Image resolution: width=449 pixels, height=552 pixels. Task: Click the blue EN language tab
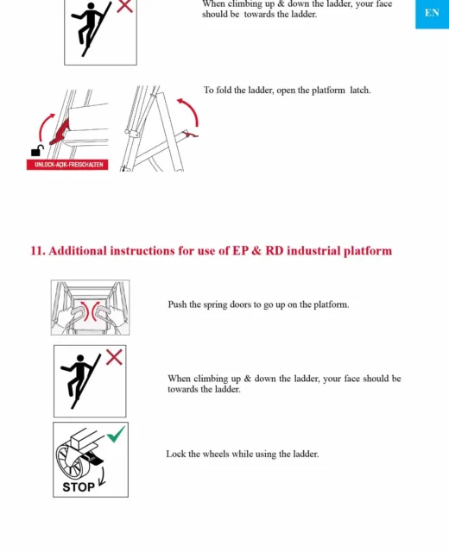(x=432, y=14)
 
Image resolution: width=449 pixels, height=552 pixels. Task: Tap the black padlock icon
(x=36, y=151)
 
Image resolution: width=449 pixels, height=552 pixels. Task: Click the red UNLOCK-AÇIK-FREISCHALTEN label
(x=67, y=165)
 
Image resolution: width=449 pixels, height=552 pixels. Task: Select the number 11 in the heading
(x=36, y=251)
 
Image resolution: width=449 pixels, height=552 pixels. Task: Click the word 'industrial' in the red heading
(x=313, y=251)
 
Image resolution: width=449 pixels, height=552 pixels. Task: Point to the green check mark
(x=116, y=434)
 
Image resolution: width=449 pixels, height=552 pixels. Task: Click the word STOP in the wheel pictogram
(x=79, y=487)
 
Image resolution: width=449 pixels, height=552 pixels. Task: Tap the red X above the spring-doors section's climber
(x=114, y=357)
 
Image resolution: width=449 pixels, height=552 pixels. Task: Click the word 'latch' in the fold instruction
(x=359, y=90)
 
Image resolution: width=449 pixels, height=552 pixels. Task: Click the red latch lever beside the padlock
(x=60, y=133)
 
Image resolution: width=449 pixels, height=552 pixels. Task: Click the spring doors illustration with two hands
(x=90, y=307)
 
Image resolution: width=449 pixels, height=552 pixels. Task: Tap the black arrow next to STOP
(x=102, y=476)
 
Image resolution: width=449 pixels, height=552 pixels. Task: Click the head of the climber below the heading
(x=80, y=359)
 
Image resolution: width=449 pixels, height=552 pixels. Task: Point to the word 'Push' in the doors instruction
(x=177, y=304)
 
